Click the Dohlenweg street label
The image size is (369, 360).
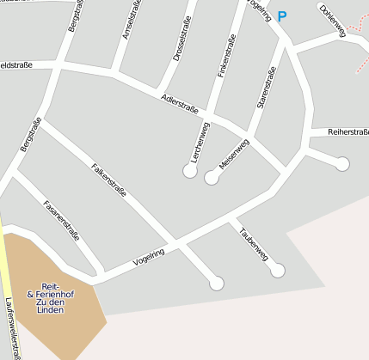331,21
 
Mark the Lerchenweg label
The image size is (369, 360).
200,142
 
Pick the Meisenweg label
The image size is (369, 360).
233,156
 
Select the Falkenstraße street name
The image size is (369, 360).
108,179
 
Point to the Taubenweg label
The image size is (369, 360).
254,243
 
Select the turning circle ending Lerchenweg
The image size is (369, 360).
190,171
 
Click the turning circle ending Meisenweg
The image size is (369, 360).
211,178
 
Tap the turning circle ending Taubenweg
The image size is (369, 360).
277,271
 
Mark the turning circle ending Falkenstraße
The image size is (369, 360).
217,283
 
